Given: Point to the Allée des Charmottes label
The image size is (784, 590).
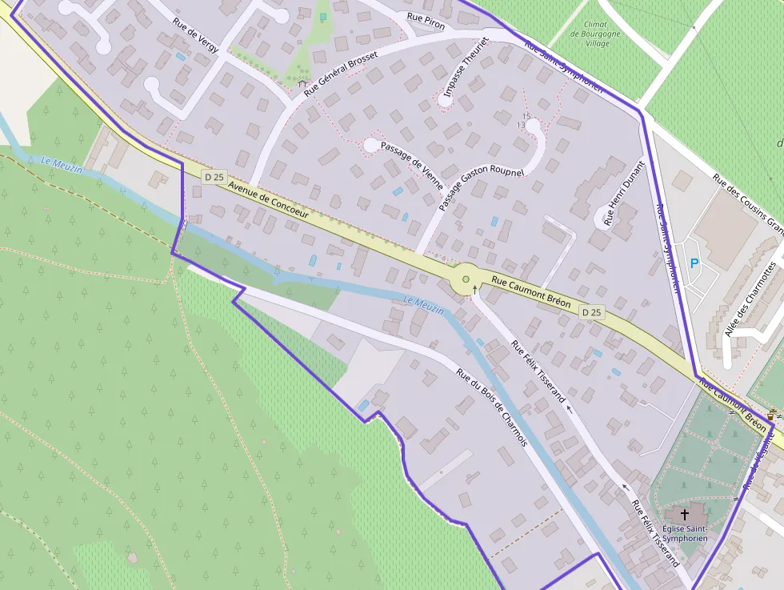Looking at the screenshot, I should [x=750, y=297].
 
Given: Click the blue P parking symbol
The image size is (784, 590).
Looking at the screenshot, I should [x=694, y=263].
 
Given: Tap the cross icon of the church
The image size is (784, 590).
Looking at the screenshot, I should [x=684, y=514].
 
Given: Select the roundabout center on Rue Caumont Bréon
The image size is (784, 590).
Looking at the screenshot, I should [x=466, y=279].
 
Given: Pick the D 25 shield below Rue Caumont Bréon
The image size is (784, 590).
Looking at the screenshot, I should [x=590, y=312].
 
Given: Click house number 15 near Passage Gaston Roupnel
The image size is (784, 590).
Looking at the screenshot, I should [x=526, y=117].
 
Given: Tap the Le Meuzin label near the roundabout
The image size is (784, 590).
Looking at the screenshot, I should [x=423, y=305].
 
